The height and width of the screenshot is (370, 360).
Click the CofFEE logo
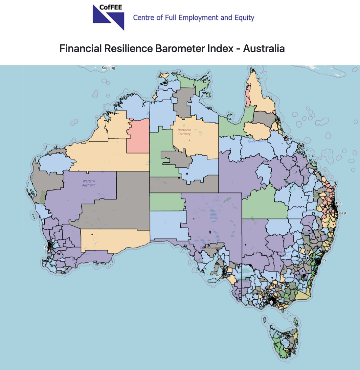tap(108, 17)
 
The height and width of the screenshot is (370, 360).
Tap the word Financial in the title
tap(80, 49)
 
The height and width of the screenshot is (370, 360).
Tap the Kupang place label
tap(108, 68)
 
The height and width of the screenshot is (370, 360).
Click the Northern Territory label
tap(184, 132)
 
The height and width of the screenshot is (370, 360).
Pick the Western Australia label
tap(89, 183)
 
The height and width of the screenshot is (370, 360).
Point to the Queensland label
tap(257, 141)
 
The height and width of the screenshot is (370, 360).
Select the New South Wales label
tap(283, 254)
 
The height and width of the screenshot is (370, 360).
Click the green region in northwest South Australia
tap(166, 201)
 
